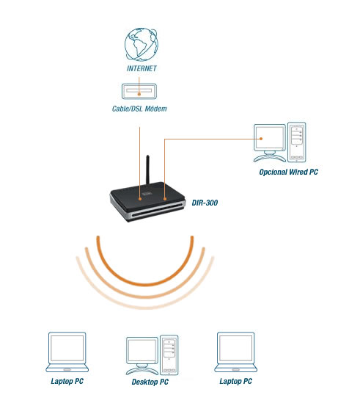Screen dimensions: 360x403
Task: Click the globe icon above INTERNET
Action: (x=142, y=45)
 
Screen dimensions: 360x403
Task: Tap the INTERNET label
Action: (x=142, y=68)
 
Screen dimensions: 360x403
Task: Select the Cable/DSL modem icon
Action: (x=139, y=91)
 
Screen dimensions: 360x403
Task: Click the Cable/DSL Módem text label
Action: (x=139, y=109)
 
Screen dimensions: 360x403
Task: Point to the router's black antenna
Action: (x=147, y=170)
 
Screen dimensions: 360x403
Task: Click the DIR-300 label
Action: (x=205, y=203)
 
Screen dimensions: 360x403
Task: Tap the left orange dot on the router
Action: (x=140, y=199)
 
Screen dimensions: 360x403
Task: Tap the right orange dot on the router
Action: (x=165, y=199)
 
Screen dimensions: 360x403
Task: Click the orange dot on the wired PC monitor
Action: (x=261, y=139)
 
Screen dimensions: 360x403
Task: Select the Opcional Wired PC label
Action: (x=289, y=172)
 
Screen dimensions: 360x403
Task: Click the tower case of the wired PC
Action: (x=297, y=142)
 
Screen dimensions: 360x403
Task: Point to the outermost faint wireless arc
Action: (x=145, y=306)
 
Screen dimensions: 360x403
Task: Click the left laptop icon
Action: (x=67, y=352)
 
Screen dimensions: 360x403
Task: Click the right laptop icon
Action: (x=235, y=352)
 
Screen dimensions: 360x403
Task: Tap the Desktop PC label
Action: (x=150, y=382)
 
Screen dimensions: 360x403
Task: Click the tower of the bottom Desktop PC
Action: (x=169, y=355)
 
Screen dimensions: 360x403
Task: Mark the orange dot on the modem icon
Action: (x=139, y=94)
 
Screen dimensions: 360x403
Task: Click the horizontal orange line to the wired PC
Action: (x=213, y=139)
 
